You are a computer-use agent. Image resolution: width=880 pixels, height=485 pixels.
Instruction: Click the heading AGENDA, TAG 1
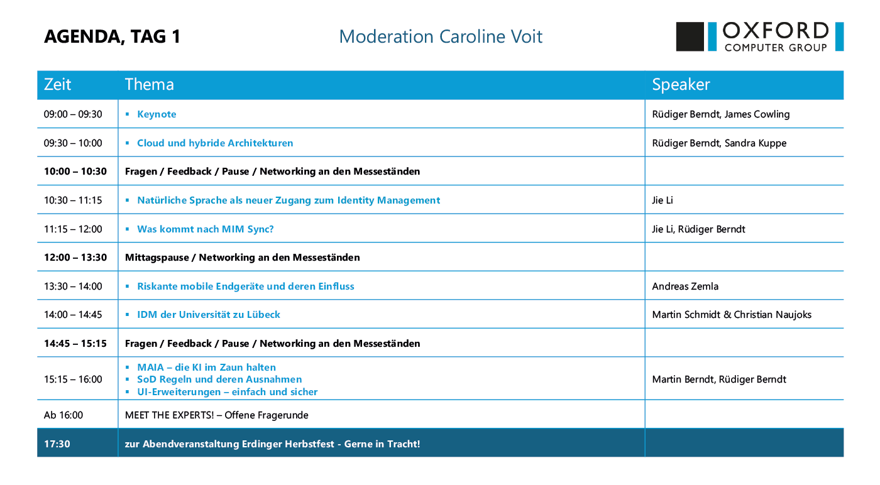coord(112,36)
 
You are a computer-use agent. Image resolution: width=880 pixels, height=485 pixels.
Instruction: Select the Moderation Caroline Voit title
coord(441,36)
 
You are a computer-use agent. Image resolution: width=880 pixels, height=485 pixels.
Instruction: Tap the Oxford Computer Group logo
coord(759,36)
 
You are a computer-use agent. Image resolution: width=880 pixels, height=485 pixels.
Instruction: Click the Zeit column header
coord(57,84)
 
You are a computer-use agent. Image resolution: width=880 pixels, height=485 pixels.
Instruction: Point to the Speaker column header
coord(681,84)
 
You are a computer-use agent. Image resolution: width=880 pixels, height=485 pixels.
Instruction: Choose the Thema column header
coord(150,84)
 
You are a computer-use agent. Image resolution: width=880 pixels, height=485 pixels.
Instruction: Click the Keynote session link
coord(157,114)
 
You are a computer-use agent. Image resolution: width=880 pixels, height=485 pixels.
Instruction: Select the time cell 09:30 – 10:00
coord(73,143)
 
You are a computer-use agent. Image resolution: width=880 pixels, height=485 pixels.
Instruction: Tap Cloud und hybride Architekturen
coord(215,143)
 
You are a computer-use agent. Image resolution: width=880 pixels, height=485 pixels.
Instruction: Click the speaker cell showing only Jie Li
coord(663,200)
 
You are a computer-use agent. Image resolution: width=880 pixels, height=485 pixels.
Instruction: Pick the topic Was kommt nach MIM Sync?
coord(205,229)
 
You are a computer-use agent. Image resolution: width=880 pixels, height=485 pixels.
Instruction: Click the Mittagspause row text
coord(242,258)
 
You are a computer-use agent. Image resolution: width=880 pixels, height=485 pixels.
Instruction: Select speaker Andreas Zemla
coord(685,286)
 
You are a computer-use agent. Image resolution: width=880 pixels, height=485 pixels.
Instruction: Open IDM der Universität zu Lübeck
coord(208,315)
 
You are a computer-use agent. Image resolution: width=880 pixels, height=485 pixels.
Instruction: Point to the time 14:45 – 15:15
coord(75,344)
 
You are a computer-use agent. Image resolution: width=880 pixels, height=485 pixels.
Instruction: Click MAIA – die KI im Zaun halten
coord(206,367)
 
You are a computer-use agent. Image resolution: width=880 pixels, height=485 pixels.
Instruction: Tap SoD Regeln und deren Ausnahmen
coord(219,379)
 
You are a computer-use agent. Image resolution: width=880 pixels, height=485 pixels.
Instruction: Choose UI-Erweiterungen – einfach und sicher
coord(227,392)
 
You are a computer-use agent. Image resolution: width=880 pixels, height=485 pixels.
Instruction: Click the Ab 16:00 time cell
coord(63,415)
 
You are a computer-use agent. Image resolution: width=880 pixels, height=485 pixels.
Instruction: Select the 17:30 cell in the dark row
coord(57,444)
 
